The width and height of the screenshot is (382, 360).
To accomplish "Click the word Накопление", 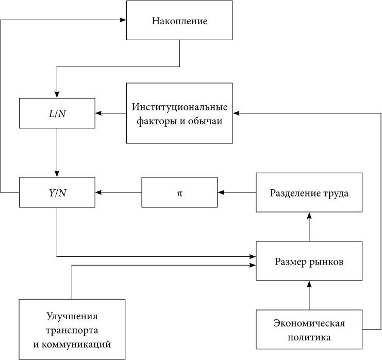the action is coord(179,21).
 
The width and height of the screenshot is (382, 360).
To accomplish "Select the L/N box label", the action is coord(57,114).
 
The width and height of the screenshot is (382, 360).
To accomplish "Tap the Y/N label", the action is coord(58,193).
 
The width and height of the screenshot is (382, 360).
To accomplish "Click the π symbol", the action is coord(179,193).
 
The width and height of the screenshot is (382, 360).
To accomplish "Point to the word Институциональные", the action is coord(179,107).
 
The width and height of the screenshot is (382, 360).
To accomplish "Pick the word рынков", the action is coord(326,262).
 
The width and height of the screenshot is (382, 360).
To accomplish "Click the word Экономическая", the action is coord(309,323).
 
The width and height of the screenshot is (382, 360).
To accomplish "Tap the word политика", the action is coord(309,338).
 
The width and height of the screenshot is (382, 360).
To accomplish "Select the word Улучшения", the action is coord(72,316).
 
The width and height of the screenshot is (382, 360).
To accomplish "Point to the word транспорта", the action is coord(72,331).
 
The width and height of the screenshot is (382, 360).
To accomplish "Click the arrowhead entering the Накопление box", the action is coord(124,20).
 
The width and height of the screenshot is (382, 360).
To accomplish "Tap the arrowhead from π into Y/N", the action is coord(98,192).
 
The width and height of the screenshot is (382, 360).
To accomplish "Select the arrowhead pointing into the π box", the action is coord(221,192).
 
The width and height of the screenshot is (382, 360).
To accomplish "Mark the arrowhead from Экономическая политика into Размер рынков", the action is coord(309,284).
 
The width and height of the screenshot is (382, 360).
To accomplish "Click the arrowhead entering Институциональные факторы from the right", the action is coord(236,113).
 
